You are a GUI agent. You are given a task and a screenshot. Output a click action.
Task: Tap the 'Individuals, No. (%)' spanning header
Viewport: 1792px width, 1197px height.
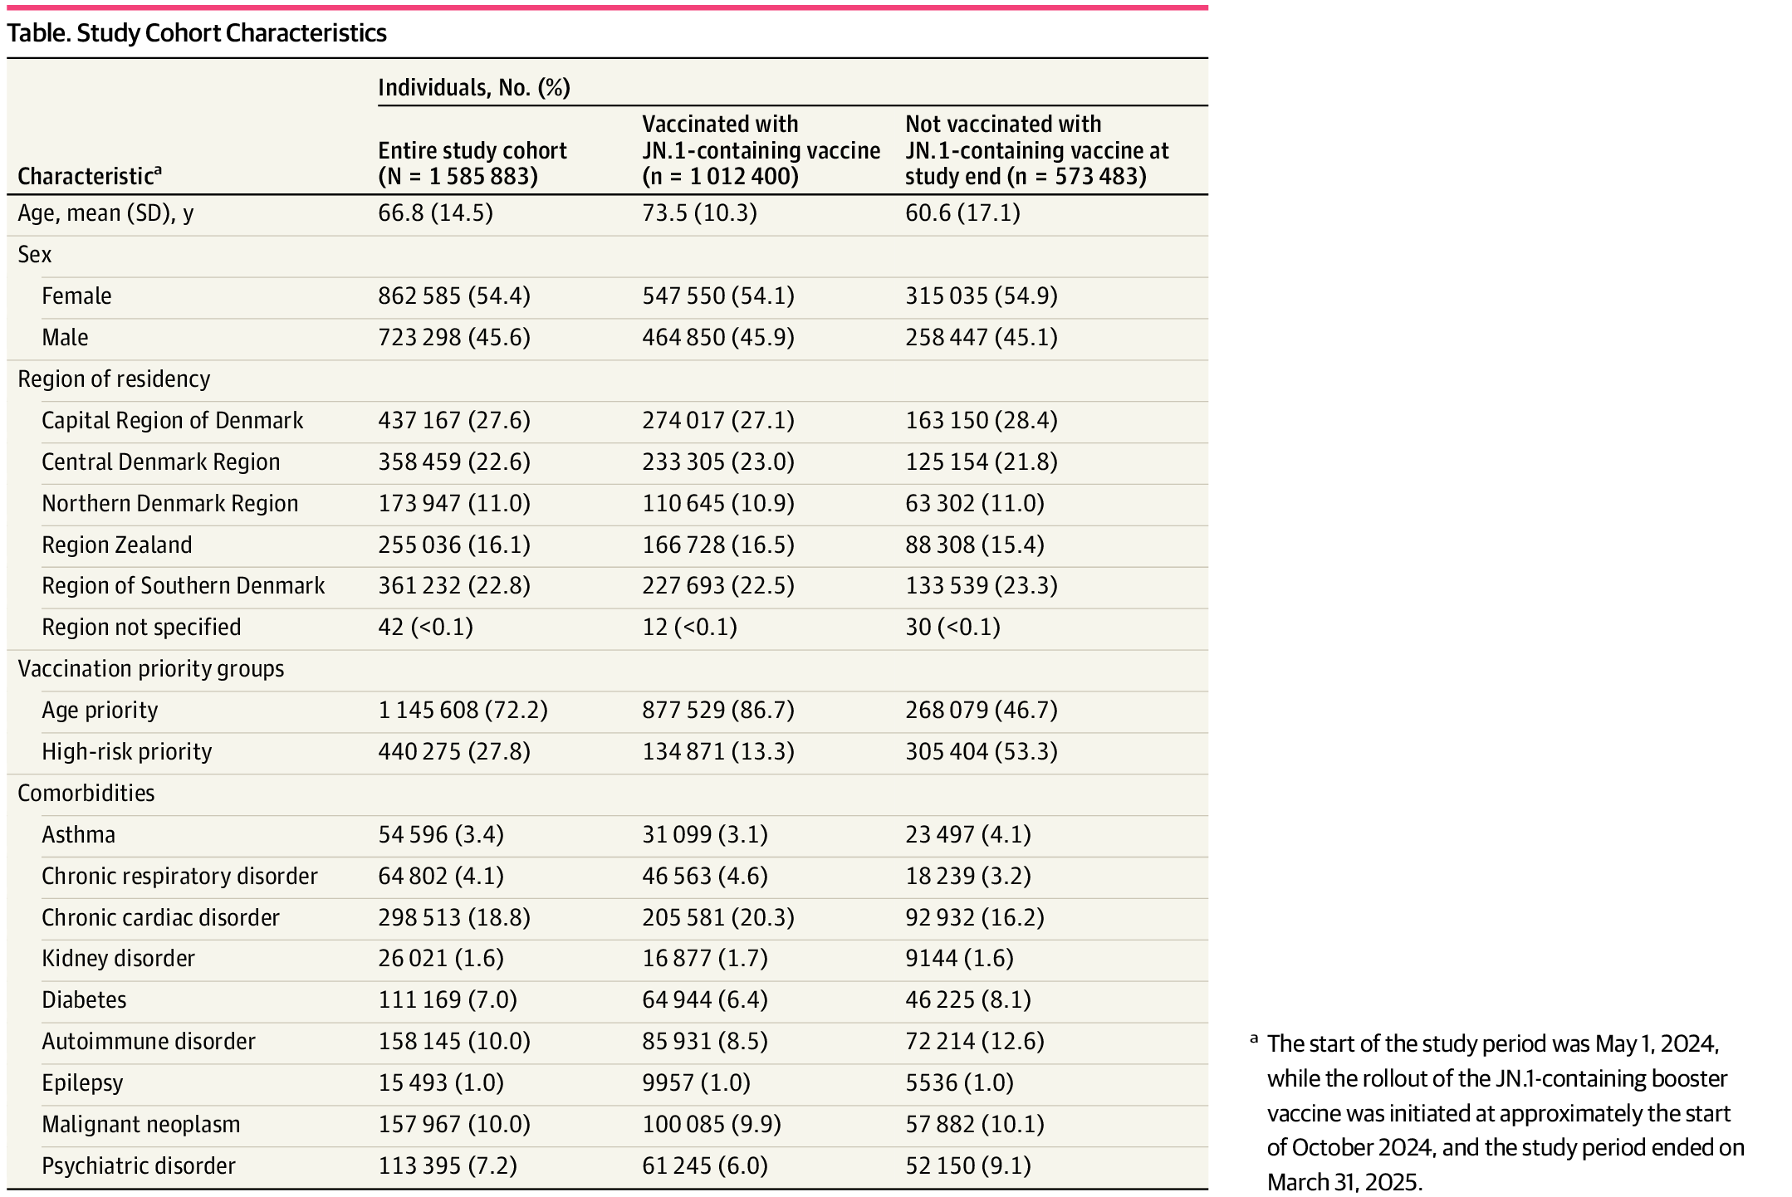click(473, 87)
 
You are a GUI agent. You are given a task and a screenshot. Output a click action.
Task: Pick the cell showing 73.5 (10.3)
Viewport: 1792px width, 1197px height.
click(699, 213)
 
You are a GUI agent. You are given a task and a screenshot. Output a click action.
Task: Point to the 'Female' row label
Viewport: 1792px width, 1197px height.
click(76, 296)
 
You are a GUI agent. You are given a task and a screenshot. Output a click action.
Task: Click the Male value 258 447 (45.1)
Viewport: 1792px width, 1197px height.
click(981, 337)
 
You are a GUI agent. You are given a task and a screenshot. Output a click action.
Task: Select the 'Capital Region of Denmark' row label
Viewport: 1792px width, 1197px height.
click(172, 420)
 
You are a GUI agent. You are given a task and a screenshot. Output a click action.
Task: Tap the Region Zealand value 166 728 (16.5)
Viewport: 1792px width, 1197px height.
click(717, 545)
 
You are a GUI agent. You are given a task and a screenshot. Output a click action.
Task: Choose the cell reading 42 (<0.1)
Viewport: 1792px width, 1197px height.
click(425, 627)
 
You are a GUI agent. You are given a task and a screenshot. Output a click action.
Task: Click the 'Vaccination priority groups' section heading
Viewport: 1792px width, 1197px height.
click(150, 668)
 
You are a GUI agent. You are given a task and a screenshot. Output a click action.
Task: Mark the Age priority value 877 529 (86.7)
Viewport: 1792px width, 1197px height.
click(717, 710)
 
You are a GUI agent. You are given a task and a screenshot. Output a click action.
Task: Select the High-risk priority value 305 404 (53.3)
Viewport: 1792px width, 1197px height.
click(981, 751)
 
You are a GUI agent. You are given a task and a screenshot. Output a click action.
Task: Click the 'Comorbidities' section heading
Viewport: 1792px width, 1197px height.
click(86, 793)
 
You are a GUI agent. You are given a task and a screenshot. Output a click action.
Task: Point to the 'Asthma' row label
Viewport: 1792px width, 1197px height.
click(78, 834)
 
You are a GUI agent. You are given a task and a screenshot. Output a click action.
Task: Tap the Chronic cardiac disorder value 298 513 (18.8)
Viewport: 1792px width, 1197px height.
click(453, 917)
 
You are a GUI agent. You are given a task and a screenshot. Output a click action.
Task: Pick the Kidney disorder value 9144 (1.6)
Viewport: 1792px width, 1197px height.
click(959, 958)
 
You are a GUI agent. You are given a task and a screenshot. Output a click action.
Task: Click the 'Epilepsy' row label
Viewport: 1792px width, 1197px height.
click(82, 1082)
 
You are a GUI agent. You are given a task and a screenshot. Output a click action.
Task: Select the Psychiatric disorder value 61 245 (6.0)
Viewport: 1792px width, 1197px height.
click(704, 1165)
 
